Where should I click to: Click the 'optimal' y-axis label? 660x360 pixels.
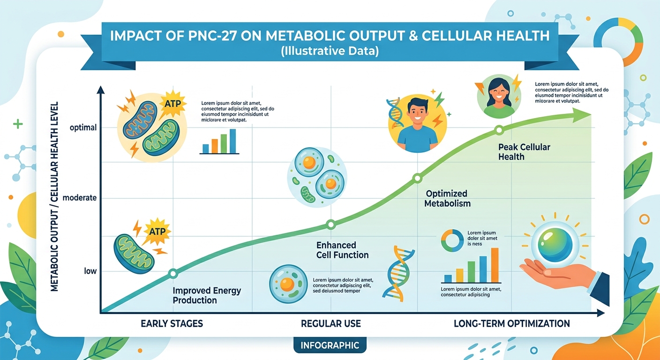click(x=83, y=127)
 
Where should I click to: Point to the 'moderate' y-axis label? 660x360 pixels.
click(x=80, y=198)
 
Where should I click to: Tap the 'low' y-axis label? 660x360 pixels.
click(x=90, y=271)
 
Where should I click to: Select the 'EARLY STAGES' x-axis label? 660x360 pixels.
click(x=172, y=323)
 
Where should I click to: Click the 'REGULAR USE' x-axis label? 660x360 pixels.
click(x=331, y=323)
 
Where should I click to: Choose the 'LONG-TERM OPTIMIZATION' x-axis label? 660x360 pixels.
click(x=512, y=323)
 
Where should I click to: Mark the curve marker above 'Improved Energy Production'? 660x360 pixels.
click(x=172, y=273)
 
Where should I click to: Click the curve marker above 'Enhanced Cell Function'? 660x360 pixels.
click(x=330, y=225)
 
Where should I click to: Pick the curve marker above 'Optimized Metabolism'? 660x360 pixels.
click(x=417, y=178)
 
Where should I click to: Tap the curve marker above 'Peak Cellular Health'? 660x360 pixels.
click(x=499, y=130)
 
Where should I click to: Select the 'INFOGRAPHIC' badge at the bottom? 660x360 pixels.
click(x=330, y=345)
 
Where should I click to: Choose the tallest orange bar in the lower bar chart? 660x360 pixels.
click(x=495, y=265)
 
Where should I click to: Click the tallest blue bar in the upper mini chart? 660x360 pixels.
click(x=232, y=141)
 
